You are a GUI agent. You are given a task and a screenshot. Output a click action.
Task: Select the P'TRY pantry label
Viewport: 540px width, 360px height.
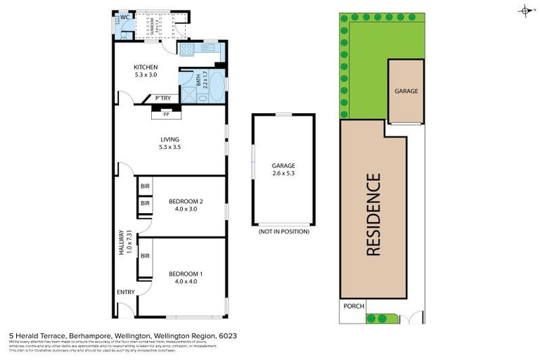163,98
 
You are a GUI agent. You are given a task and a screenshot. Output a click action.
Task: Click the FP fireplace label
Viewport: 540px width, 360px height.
167,113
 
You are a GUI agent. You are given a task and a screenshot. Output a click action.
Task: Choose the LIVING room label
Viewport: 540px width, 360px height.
169,139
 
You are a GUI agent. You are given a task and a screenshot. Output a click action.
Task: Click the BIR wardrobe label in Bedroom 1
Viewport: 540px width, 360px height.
145,256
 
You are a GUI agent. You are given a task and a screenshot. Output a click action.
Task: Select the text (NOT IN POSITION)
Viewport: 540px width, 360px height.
283,231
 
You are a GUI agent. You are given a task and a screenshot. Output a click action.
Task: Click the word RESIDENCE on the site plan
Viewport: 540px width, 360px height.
373,214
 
